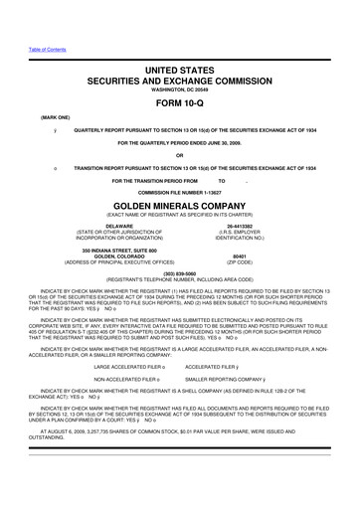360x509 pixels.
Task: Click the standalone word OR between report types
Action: [179, 154]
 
